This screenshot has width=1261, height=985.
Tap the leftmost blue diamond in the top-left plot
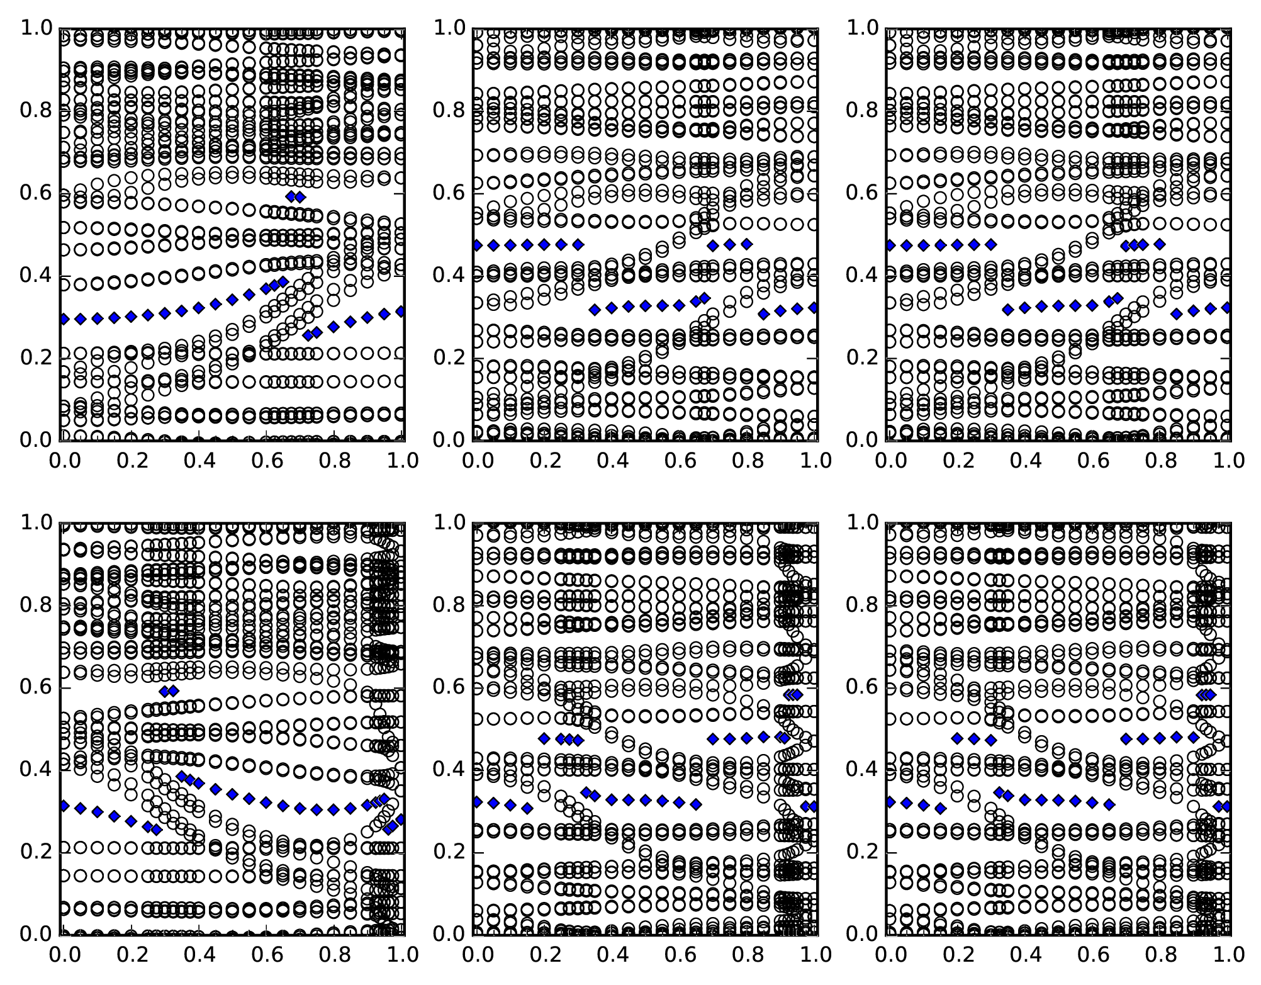coord(64,319)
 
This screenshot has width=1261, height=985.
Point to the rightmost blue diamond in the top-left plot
coord(401,312)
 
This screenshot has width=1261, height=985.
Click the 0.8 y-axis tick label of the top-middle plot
coord(449,111)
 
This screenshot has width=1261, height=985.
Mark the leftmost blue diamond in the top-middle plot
coord(477,245)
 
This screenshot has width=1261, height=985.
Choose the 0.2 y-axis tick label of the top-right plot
coord(862,358)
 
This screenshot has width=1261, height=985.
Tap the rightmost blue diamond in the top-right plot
coord(1226,308)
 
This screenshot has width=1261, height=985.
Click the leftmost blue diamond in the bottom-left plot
coord(64,806)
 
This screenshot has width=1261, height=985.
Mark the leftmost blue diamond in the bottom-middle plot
coord(477,802)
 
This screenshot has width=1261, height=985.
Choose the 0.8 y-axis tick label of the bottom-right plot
coord(862,605)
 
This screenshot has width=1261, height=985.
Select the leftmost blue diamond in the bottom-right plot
coord(890,802)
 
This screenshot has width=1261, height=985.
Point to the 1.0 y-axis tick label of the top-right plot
coord(862,28)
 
